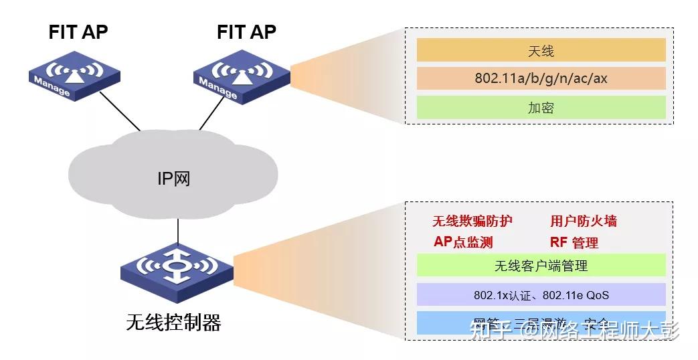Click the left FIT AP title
pyautogui.click(x=78, y=31)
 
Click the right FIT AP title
pyautogui.click(x=246, y=31)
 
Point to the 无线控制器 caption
pyautogui.click(x=173, y=323)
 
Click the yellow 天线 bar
pyautogui.click(x=541, y=50)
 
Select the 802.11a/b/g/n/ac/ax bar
pyautogui.click(x=541, y=78)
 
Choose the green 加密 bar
pyautogui.click(x=541, y=107)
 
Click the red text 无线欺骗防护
pyautogui.click(x=472, y=221)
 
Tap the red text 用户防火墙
pyautogui.click(x=584, y=221)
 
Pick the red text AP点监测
pyautogui.click(x=463, y=242)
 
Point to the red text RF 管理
pyautogui.click(x=574, y=242)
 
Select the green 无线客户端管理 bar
pyautogui.click(x=541, y=266)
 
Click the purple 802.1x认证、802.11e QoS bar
pyautogui.click(x=541, y=294)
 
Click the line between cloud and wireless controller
pyautogui.click(x=177, y=231)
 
